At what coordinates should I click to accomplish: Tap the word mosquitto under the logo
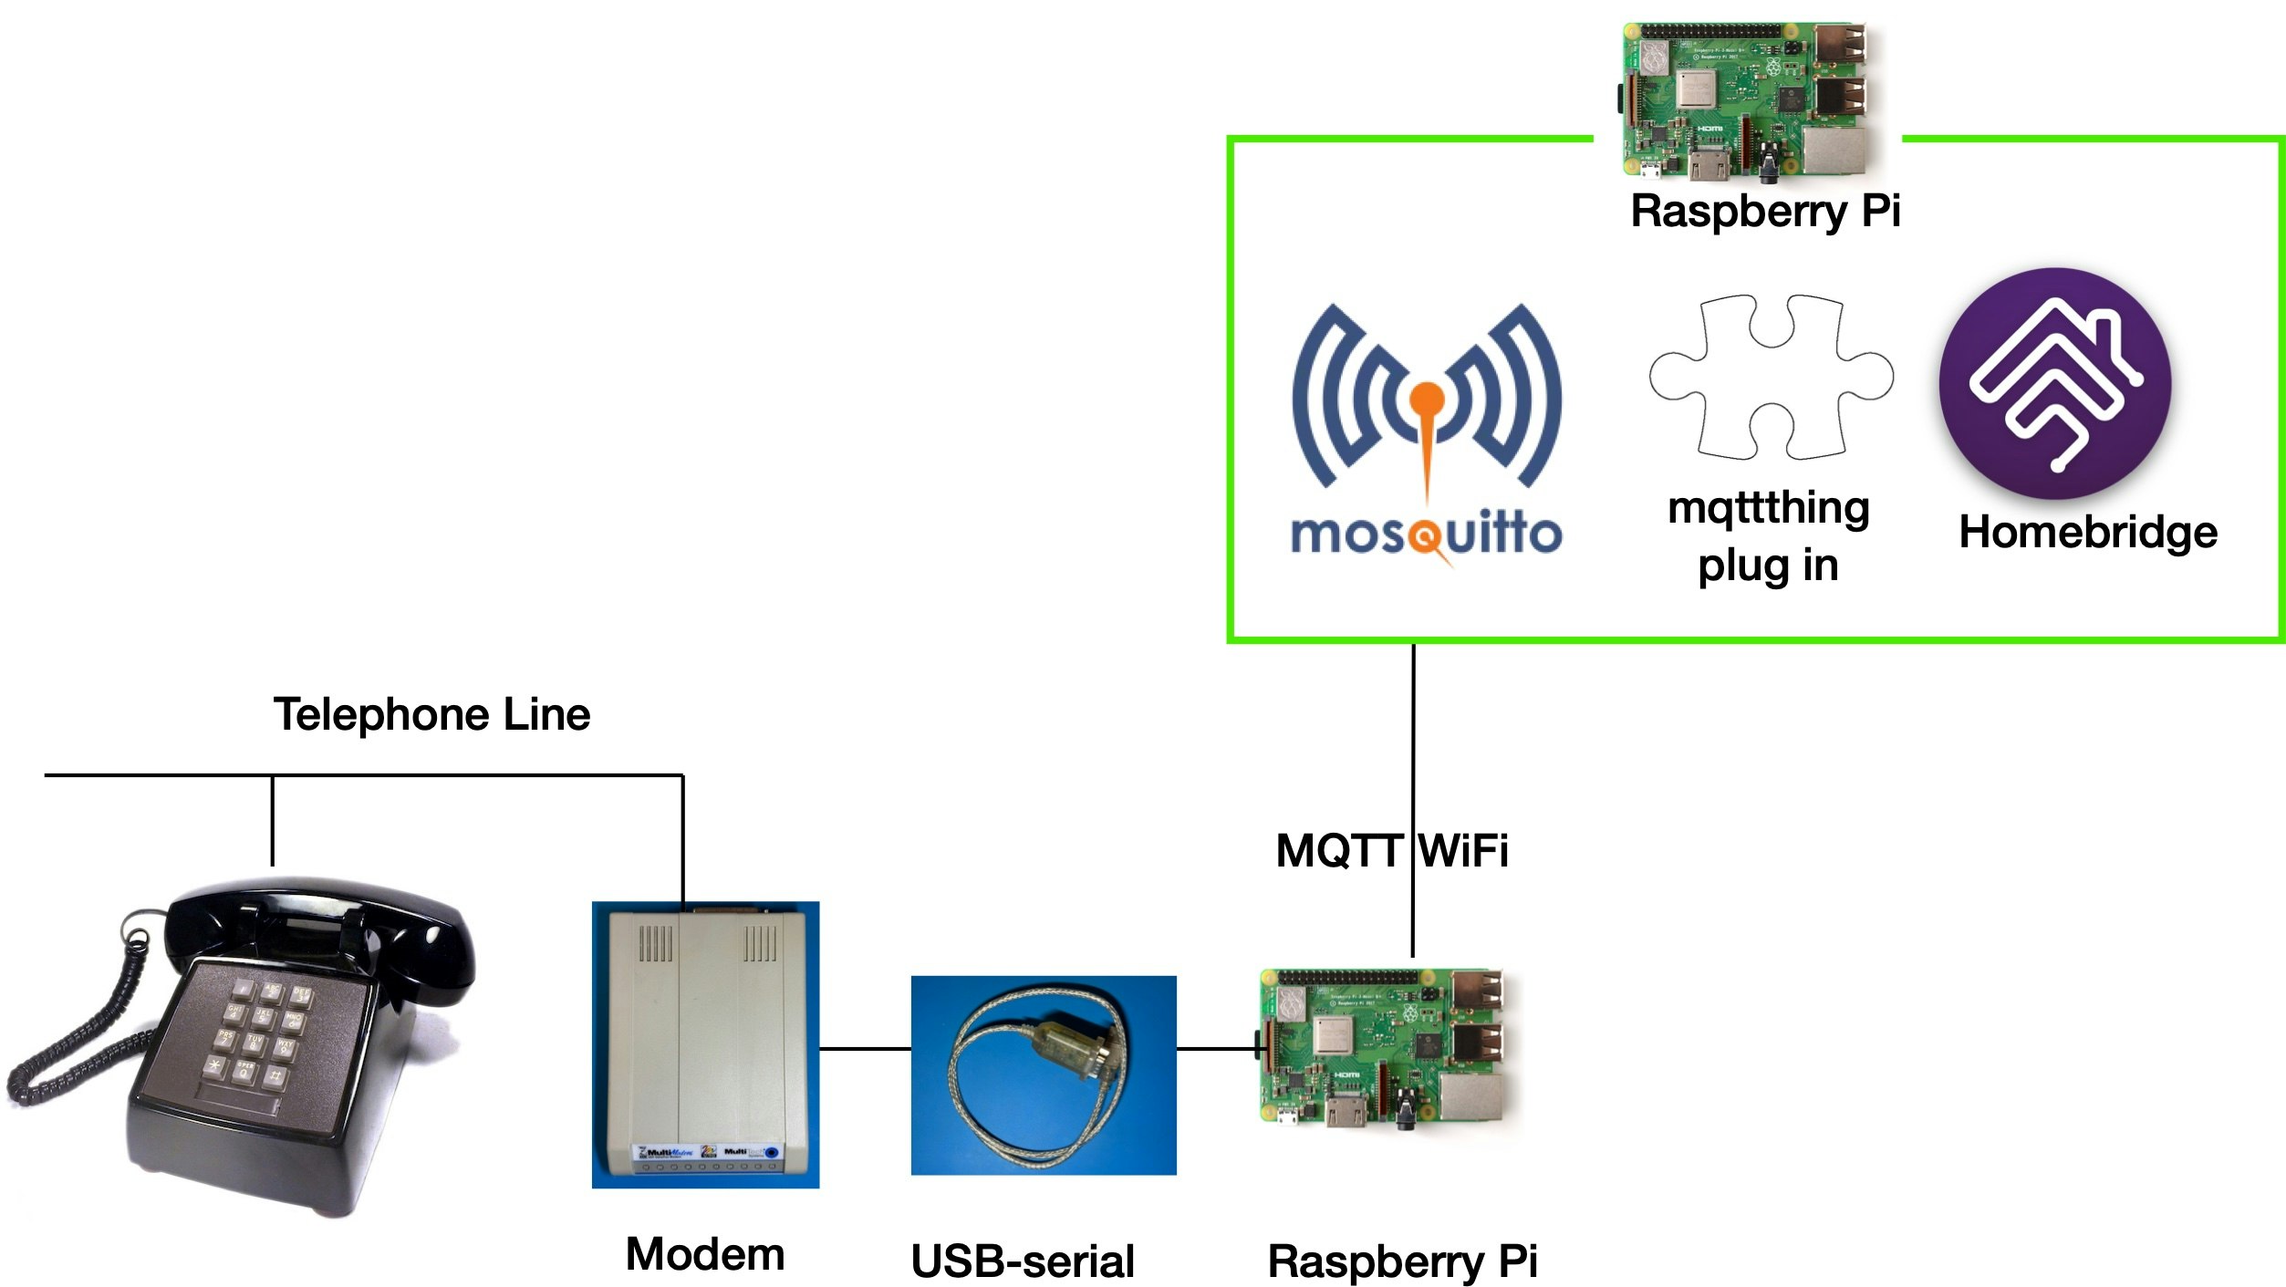1426,535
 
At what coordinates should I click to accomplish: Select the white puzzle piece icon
1770,376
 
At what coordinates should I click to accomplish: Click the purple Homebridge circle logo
2054,383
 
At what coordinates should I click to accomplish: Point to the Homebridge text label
2087,532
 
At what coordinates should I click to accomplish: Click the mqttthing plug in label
1768,536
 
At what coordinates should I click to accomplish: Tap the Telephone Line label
431,714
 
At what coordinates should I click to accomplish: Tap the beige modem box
705,1044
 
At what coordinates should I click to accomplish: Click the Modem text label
704,1254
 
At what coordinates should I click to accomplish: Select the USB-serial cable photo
1043,1074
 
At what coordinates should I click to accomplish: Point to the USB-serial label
1022,1261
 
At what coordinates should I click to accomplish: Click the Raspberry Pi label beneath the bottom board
1401,1261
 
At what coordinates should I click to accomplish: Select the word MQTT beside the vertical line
1337,851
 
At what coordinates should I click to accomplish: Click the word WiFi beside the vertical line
1463,851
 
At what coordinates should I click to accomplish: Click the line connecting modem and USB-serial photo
865,1049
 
